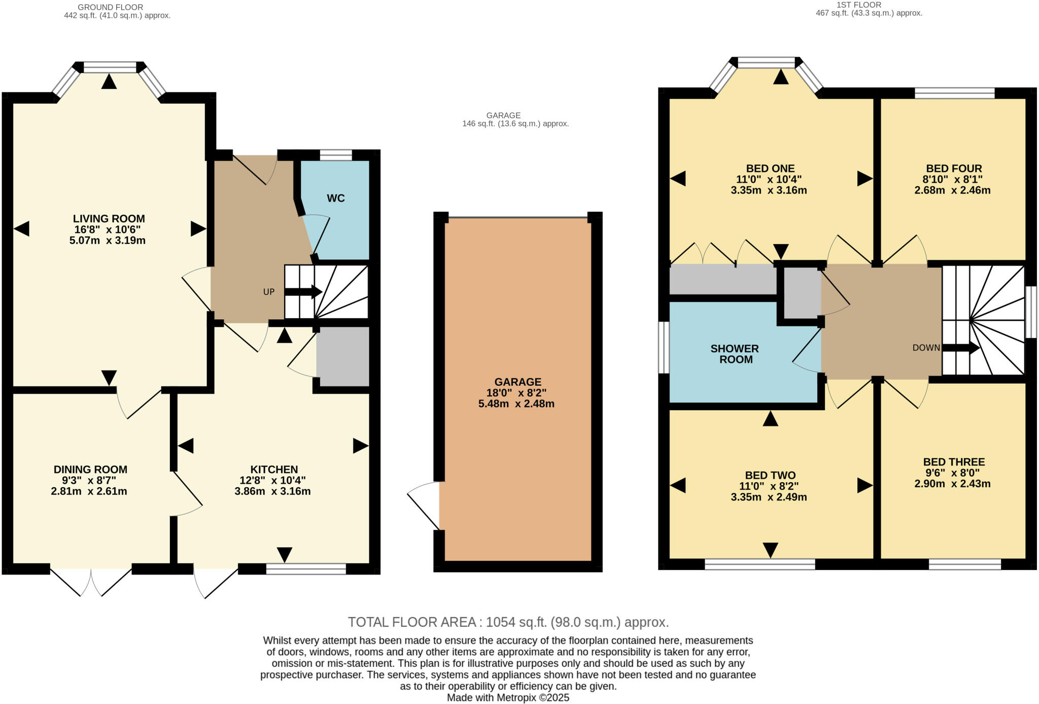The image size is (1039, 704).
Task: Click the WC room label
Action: pos(335,198)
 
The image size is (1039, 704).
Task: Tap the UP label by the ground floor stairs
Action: pos(268,292)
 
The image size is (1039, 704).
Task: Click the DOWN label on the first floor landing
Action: pos(926,348)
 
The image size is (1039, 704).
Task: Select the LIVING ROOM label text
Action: pos(109,219)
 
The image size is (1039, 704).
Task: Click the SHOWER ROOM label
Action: pos(735,354)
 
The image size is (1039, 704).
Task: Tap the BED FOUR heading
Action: pos(954,169)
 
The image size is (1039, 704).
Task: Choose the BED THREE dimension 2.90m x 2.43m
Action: pos(952,484)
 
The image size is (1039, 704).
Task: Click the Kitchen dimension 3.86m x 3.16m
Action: pos(272,491)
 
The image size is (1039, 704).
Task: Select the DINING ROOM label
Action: pos(90,470)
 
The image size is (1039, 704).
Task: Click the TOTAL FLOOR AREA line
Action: pos(508,622)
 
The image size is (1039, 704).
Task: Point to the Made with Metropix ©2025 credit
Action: pos(508,698)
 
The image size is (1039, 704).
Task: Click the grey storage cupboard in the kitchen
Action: pos(342,356)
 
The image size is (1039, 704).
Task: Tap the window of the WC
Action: pos(335,155)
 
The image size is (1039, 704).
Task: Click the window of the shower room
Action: pos(664,348)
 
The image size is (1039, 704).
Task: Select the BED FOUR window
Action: pos(954,93)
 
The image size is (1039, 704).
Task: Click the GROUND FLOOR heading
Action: pos(110,7)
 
